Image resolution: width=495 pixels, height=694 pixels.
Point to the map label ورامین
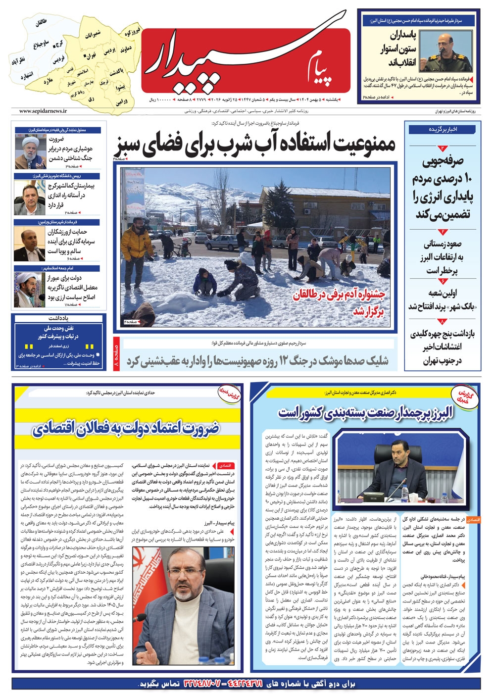tap(121, 102)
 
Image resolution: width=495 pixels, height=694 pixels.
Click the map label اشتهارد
tap(27, 76)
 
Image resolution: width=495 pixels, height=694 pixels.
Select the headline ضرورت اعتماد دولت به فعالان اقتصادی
tap(126, 429)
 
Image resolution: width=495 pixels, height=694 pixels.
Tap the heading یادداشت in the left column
tap(58, 318)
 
